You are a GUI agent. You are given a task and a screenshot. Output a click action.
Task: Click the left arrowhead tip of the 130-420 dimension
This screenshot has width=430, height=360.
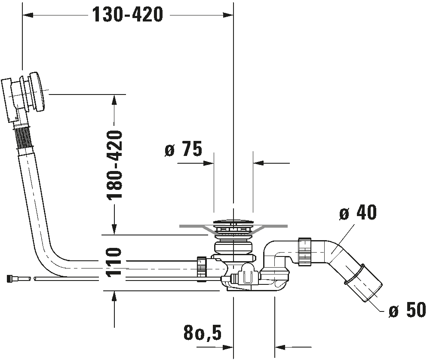pos(22,15)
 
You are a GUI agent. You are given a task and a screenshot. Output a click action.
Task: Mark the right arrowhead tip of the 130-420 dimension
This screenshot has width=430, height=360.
pos(233,15)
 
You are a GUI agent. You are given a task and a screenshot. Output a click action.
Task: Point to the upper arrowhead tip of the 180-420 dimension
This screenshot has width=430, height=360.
pos(114,95)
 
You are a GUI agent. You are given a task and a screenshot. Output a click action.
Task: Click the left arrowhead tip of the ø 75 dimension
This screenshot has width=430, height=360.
pos(214,164)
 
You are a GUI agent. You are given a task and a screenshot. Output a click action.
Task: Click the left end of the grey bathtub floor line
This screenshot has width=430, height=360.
pos(179,226)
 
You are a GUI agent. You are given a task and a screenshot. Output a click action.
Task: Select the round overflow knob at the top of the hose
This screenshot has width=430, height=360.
pos(37,92)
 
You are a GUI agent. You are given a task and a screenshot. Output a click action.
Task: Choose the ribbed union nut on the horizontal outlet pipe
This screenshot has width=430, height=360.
pos(305,251)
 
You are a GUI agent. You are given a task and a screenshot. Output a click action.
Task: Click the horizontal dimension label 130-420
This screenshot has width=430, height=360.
pos(128,15)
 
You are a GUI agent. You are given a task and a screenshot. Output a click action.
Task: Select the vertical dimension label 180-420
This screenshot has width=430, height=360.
pos(114,165)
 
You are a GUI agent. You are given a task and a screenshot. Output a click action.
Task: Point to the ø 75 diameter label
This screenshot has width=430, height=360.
pos(183,149)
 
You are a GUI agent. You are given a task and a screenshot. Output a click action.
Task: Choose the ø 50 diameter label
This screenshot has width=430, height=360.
pos(407,311)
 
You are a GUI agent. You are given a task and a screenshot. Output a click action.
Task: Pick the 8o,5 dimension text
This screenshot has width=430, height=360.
pos(203,333)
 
